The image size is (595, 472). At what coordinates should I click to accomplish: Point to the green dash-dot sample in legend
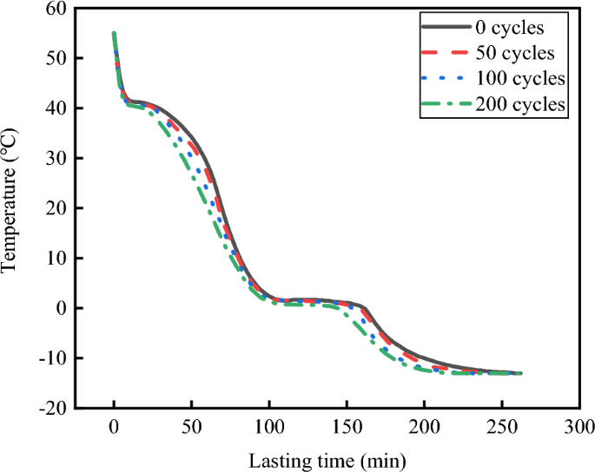tap(445, 104)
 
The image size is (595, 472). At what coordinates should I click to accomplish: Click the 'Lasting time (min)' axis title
tap(327, 458)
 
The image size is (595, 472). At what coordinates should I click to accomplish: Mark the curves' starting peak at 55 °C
tap(114, 34)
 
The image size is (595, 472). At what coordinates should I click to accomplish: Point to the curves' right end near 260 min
tap(519, 373)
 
